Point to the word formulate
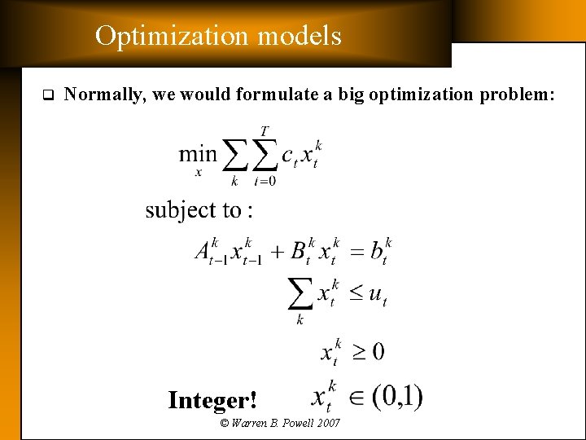(275, 95)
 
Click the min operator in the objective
(198, 153)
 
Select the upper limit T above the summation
(265, 130)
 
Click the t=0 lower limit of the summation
(265, 181)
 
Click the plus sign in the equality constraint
(278, 251)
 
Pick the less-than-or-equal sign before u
(356, 293)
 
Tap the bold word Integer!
(212, 400)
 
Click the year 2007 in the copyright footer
(327, 423)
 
